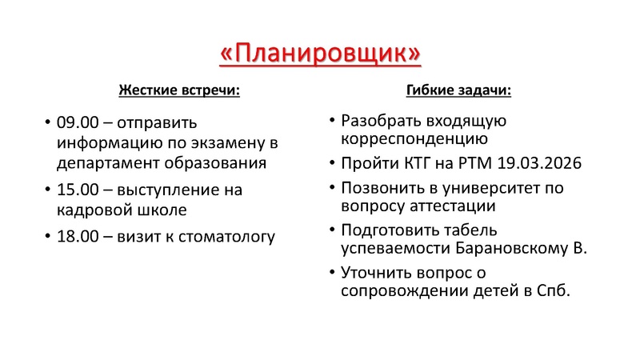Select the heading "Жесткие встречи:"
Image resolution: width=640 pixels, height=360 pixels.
pos(179,90)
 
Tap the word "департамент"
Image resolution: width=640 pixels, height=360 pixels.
pos(104,163)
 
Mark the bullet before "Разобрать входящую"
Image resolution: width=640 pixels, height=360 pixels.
pos(332,121)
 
